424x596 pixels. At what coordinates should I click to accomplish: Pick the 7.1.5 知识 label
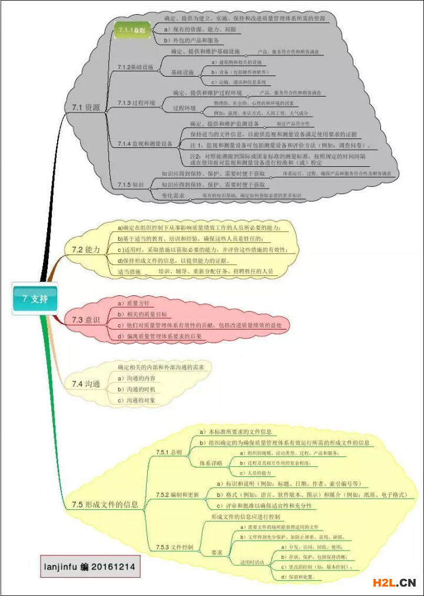(x=130, y=185)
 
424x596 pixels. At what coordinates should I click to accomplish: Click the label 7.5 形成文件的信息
(x=105, y=504)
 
